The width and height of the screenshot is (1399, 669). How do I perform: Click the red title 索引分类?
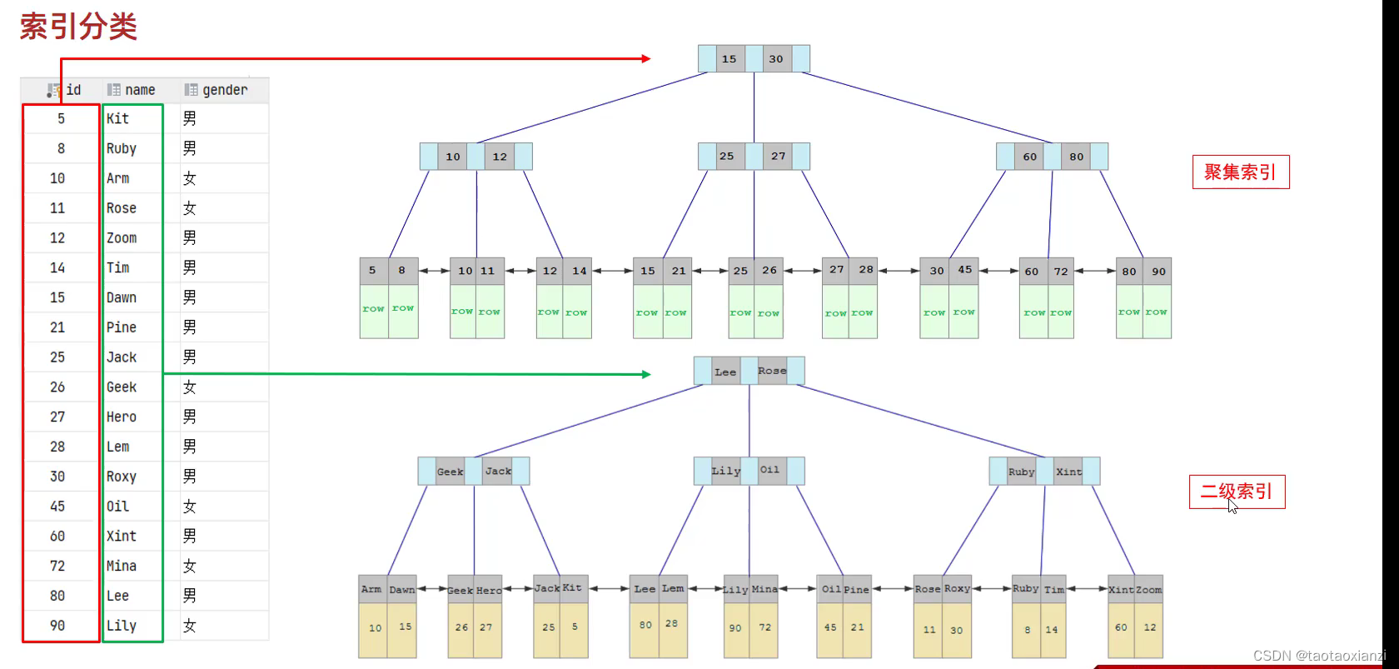tap(78, 27)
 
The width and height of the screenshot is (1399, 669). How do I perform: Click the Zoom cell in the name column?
tap(122, 238)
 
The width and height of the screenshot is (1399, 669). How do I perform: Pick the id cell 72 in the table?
tap(57, 567)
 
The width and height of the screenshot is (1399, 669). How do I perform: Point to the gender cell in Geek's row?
tap(190, 387)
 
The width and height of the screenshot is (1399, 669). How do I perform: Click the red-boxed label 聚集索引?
tap(1240, 172)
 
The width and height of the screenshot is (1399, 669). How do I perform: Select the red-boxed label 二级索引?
tap(1237, 492)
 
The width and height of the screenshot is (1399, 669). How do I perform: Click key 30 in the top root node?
tap(776, 59)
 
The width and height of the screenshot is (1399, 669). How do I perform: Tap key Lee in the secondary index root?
tap(725, 372)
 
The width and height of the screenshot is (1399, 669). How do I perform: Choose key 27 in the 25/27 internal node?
tap(778, 157)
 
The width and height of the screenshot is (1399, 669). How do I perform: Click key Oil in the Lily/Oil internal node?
tap(770, 471)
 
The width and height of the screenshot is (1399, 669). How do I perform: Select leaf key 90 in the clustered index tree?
tap(1158, 272)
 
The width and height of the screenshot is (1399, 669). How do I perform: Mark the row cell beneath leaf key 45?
tap(963, 312)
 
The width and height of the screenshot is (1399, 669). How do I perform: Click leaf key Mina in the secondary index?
tap(764, 589)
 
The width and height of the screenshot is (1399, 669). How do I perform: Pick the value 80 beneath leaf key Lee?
tap(645, 625)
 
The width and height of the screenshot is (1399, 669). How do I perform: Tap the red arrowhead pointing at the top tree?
tap(646, 58)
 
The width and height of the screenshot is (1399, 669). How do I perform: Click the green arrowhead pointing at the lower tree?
tap(646, 374)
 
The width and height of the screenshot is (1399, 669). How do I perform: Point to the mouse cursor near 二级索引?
tap(1232, 506)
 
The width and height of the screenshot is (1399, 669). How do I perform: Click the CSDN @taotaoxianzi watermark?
tap(1319, 656)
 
